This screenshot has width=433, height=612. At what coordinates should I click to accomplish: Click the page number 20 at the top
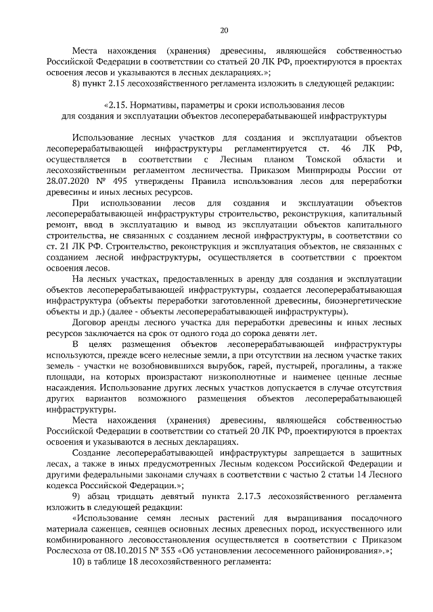coord(225,30)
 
